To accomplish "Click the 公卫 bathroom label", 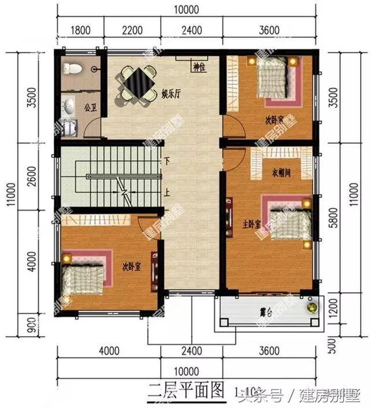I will pos(89,107).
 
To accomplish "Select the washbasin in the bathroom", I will pos(69,106).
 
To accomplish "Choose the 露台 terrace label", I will pos(266,312).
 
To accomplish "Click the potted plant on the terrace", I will pos(313,307).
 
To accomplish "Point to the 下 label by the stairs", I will pos(166,161).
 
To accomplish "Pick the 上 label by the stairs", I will pos(167,194).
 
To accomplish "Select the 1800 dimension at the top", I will pos(80,30).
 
